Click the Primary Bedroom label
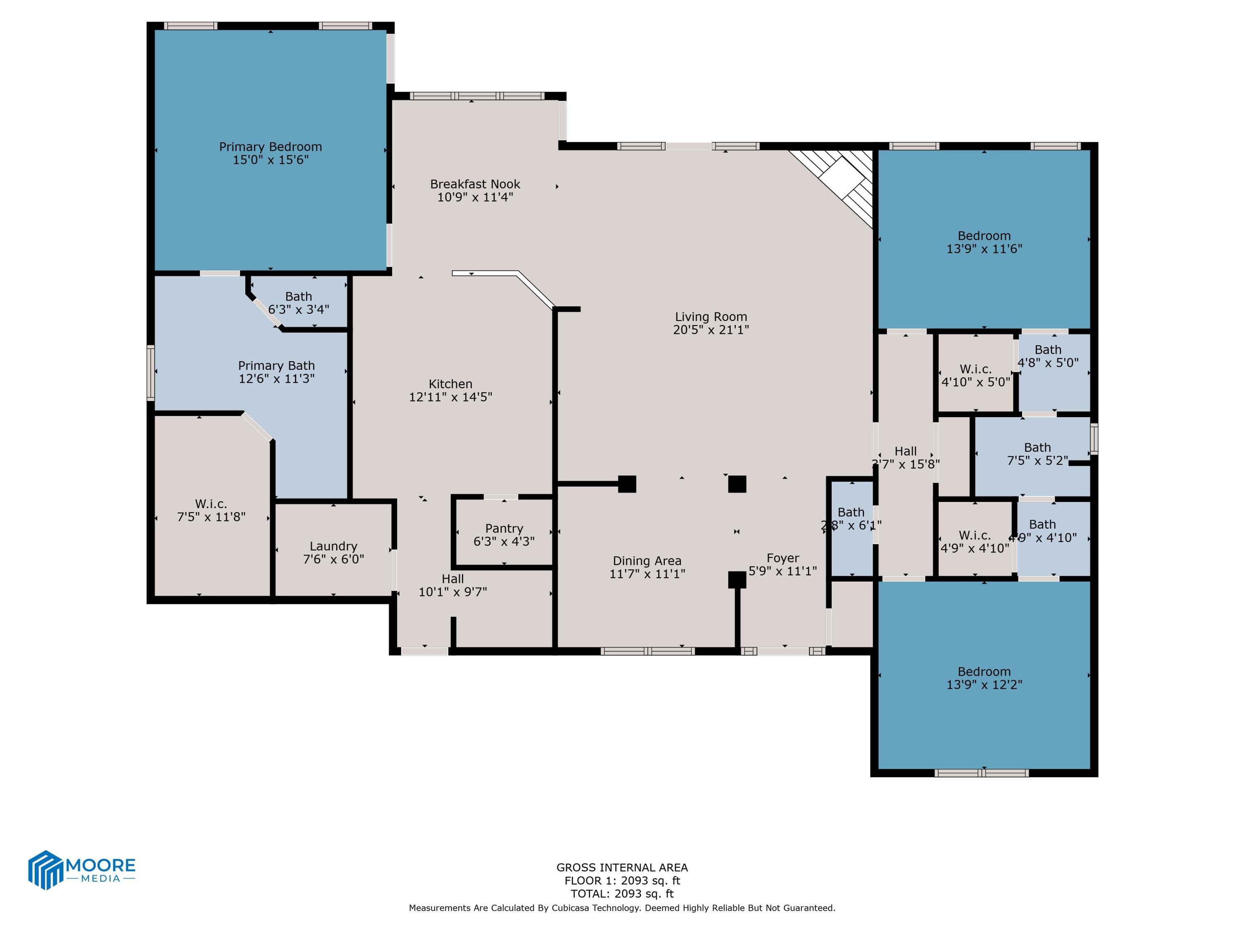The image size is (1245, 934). pos(270,147)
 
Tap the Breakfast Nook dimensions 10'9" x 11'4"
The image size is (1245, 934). pos(475,197)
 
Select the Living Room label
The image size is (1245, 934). pos(710,317)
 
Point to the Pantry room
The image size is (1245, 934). pos(504,534)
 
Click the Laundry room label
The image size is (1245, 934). pos(333,546)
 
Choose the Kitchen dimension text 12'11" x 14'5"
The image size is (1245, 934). pos(450,397)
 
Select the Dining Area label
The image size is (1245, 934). pos(647,561)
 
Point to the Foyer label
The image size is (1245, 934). pos(782,558)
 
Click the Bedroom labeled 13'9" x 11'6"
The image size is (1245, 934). pos(984,242)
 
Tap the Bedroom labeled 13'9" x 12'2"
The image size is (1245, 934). pos(984,678)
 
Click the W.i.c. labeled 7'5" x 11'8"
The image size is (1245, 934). pos(211,510)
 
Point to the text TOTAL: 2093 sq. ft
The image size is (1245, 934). pos(622,893)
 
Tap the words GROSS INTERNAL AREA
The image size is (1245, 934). pos(622,868)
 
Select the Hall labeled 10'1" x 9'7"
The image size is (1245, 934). pos(452,585)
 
